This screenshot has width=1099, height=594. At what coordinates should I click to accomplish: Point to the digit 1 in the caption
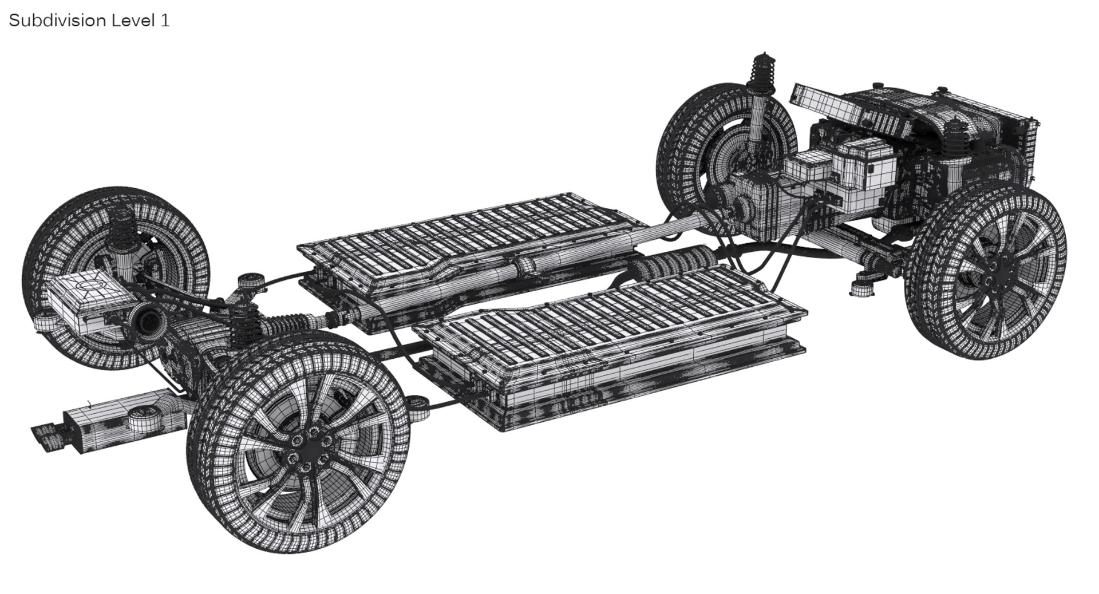pos(165,21)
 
